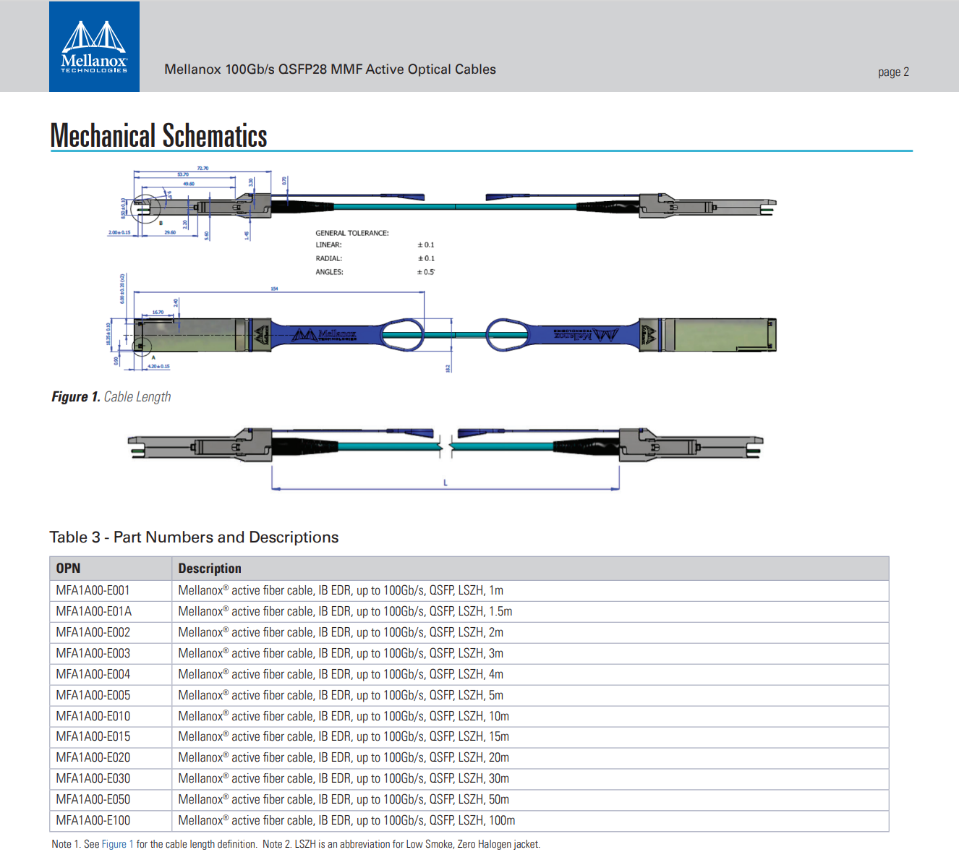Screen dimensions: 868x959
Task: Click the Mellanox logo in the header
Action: pos(94,47)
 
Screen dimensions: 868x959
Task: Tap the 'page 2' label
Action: pos(893,72)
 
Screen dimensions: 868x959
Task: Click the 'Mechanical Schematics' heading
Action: pos(158,136)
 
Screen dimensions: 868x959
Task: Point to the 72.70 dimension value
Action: pos(203,168)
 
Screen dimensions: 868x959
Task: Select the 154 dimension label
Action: pos(274,289)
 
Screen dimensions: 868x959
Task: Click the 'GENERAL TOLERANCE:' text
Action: pos(351,233)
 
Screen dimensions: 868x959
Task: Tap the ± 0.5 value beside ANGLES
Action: pos(426,272)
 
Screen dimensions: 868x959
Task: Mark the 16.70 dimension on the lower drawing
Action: pos(158,312)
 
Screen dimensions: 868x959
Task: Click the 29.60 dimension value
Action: pos(170,232)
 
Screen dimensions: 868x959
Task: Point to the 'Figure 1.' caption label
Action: pos(75,396)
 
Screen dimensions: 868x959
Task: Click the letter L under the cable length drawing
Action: pos(446,482)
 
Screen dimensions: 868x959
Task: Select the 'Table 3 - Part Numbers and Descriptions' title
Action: pos(194,537)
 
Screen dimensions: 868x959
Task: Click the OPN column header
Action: pos(68,569)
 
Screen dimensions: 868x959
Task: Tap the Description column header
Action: pos(210,569)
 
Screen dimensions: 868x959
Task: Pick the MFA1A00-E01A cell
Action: pos(94,611)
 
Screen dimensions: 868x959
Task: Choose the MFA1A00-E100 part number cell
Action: pos(93,820)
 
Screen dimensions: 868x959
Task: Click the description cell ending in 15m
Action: pos(344,736)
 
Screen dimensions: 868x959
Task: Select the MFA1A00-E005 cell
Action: pos(93,695)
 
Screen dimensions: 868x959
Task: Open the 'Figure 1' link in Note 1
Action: pos(118,844)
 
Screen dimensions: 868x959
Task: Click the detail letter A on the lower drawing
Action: pos(153,357)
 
